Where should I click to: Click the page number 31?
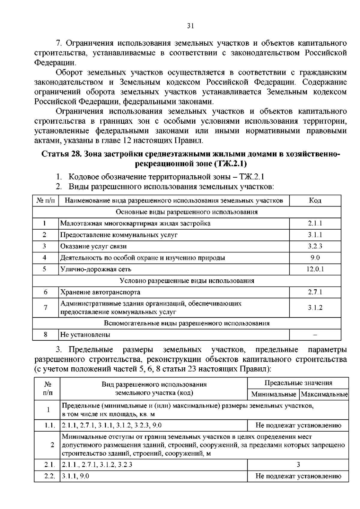pos(191,26)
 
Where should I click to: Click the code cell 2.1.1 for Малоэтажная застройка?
pos(315,223)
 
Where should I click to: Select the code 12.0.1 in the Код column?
pos(315,269)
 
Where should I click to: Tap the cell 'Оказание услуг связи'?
pos(93,246)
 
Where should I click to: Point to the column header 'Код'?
pos(315,200)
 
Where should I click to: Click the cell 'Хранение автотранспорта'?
pos(100,292)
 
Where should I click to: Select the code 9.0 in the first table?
pos(315,258)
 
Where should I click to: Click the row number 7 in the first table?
pos(45,307)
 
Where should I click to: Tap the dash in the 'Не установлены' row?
pos(315,335)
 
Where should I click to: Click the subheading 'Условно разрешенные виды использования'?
pos(187,281)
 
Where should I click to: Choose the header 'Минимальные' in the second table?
pos(274,394)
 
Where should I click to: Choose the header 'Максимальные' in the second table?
pos(324,394)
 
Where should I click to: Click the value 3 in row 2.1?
pos(298,465)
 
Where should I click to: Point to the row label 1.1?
pos(48,425)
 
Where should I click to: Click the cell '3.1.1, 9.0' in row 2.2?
pos(75,476)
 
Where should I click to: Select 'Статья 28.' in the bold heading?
pos(61,154)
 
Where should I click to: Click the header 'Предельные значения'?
pos(298,383)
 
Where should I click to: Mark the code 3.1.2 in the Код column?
pos(315,308)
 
